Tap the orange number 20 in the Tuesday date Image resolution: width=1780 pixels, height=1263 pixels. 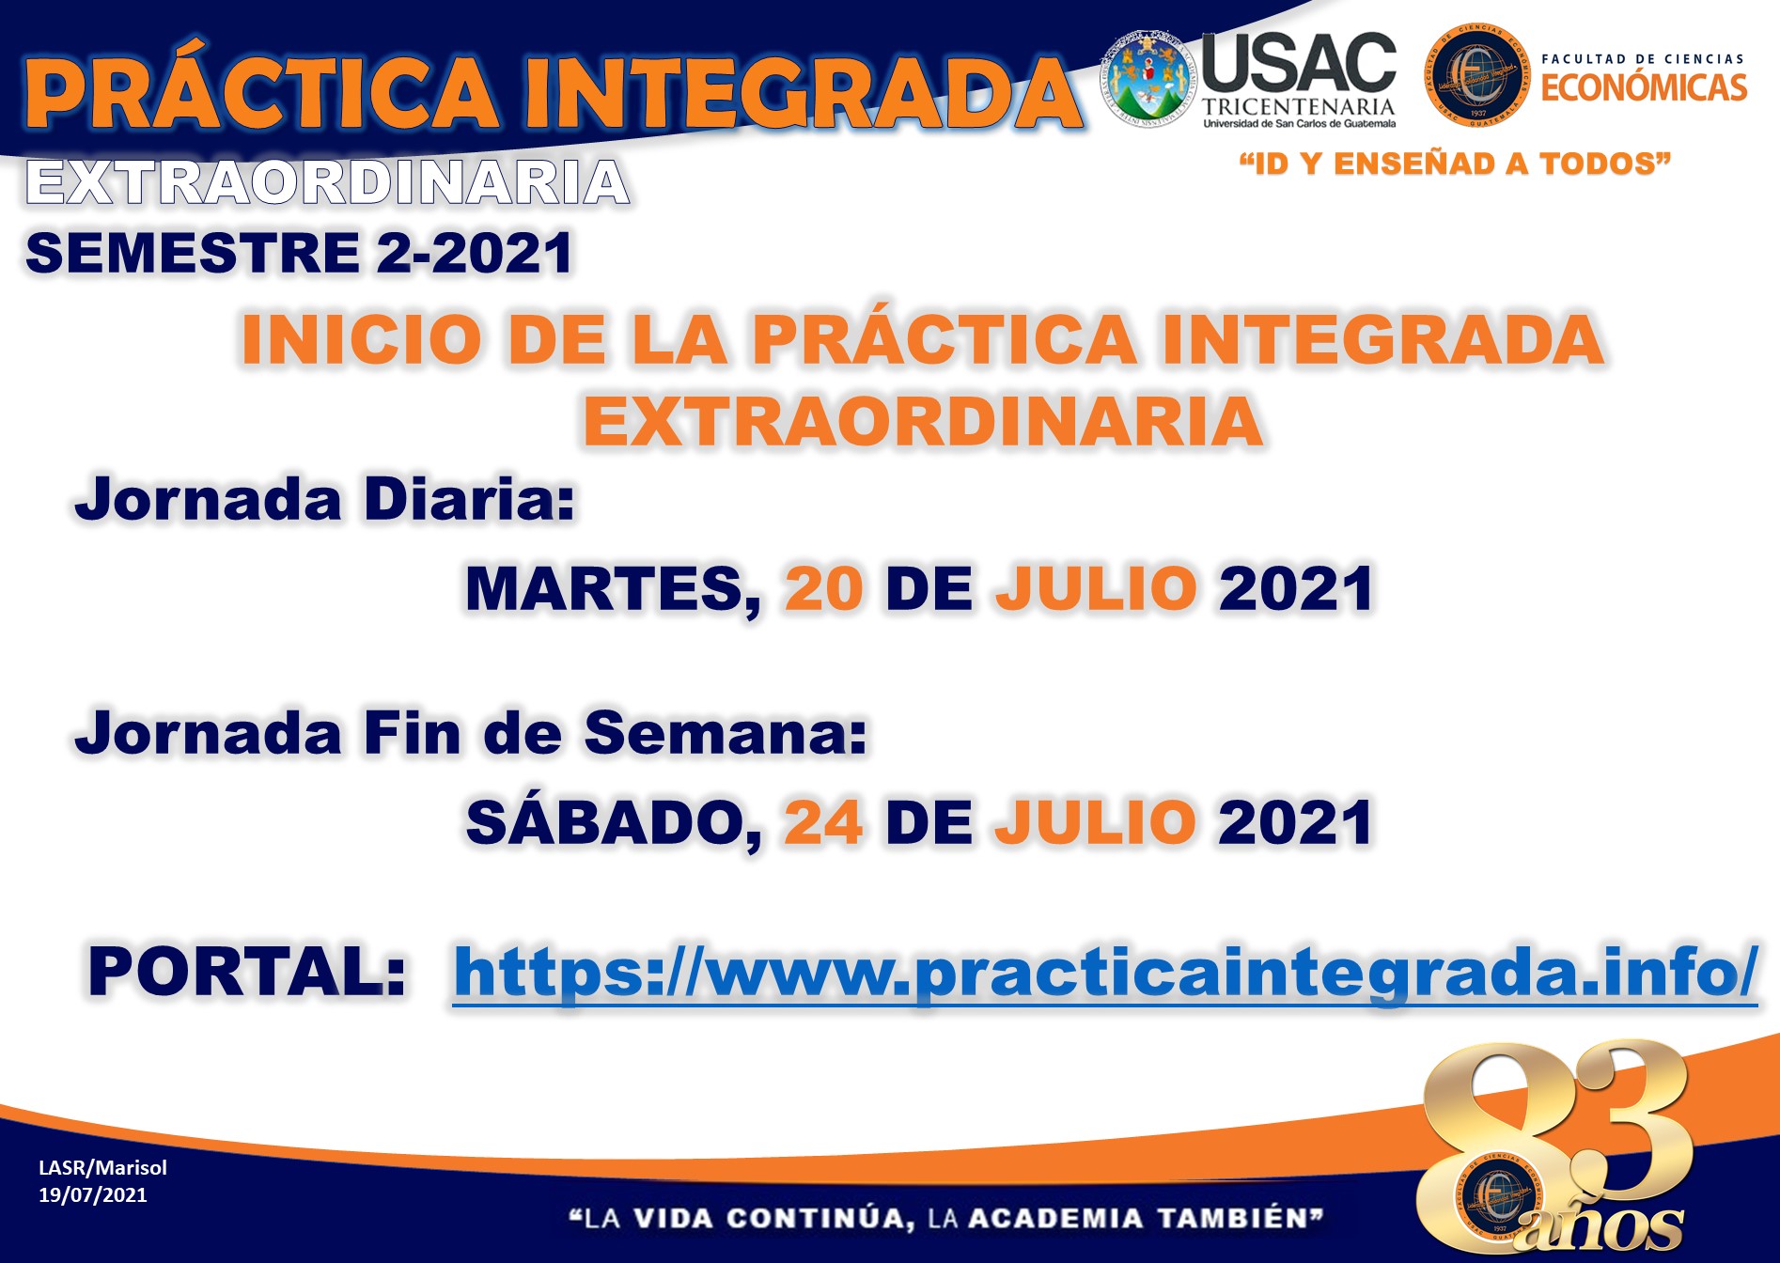click(824, 589)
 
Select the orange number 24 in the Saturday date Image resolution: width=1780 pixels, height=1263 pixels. click(823, 823)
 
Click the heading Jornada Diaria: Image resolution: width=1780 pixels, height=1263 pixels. click(325, 499)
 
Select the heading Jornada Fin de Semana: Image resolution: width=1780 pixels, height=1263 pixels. click(471, 732)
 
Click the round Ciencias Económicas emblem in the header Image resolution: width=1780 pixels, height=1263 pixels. click(1476, 75)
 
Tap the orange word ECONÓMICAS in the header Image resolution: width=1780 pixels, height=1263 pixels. click(1644, 87)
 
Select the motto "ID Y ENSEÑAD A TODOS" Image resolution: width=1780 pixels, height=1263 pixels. click(1455, 164)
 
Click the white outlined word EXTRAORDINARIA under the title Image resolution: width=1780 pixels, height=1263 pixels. click(328, 182)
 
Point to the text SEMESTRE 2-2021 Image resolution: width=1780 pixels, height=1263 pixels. click(300, 253)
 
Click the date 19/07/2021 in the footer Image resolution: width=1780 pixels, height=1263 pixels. click(93, 1195)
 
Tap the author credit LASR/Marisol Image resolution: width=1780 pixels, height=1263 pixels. click(102, 1168)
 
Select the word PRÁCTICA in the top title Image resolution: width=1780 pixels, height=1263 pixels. click(262, 91)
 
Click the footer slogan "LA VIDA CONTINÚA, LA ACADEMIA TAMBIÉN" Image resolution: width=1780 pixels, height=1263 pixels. click(946, 1219)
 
